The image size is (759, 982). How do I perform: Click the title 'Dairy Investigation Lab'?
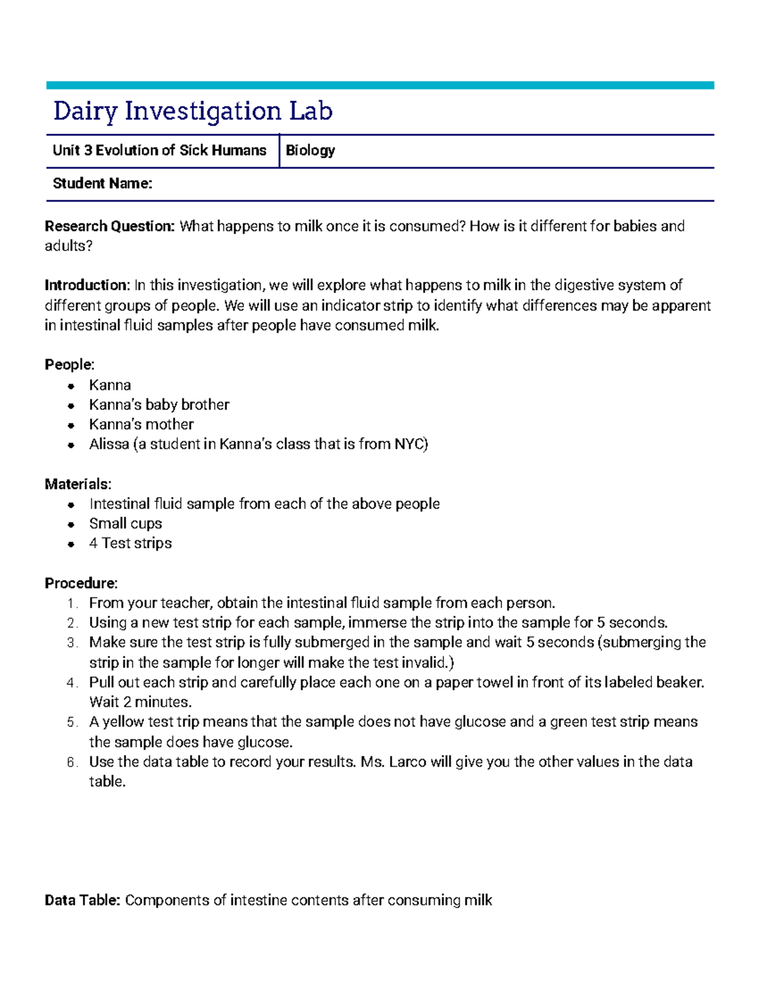coord(193,111)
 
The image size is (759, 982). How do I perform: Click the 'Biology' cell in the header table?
coord(310,150)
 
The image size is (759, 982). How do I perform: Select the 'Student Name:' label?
coord(102,183)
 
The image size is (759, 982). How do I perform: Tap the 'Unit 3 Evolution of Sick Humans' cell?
coord(159,150)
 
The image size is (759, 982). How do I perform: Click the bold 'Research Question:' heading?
coord(109,226)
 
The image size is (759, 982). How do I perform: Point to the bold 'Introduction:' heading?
coord(87,285)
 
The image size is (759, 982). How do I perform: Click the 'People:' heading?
coord(70,365)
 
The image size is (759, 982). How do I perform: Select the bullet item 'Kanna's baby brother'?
coord(159,405)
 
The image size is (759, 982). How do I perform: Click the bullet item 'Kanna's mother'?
coord(141,424)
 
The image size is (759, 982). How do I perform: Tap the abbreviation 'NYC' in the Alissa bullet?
coord(409,444)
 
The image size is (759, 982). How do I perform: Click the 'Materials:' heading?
coord(78,484)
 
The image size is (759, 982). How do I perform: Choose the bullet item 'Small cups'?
coord(125,524)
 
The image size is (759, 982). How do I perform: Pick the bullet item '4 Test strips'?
coord(130,543)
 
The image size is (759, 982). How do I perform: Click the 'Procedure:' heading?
coord(81,583)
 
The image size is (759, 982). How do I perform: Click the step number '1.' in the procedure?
coord(73,603)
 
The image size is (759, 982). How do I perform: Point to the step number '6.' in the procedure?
coord(73,762)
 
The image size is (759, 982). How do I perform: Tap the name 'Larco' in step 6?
coord(407,762)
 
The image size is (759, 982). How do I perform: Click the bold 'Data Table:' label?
coord(82,900)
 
